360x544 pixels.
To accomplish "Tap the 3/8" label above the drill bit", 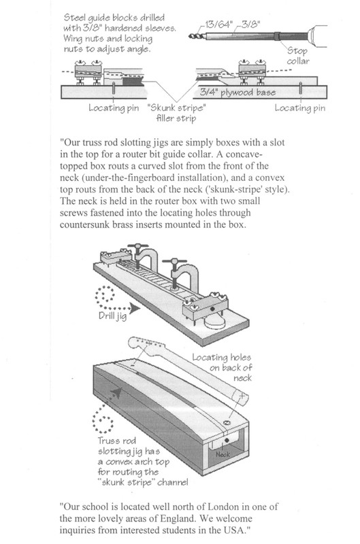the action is [250, 24].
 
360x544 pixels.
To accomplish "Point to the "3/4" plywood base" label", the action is [238, 92].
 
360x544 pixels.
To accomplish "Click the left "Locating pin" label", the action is [114, 108].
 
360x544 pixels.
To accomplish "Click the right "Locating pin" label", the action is [300, 108].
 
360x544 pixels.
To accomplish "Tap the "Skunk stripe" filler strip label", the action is [176, 113].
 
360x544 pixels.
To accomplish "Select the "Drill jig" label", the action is [112, 316].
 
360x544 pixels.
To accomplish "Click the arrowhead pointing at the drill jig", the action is [135, 308].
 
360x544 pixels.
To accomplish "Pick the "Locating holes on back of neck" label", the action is [222, 367].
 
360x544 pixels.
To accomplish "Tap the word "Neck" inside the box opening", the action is [223, 454].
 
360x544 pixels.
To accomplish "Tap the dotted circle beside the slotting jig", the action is [103, 420].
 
